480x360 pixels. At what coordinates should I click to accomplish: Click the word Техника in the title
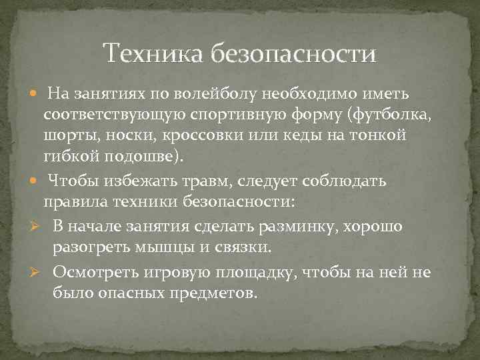pyautogui.click(x=155, y=52)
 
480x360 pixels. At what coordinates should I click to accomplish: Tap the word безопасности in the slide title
pyautogui.click(x=293, y=52)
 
